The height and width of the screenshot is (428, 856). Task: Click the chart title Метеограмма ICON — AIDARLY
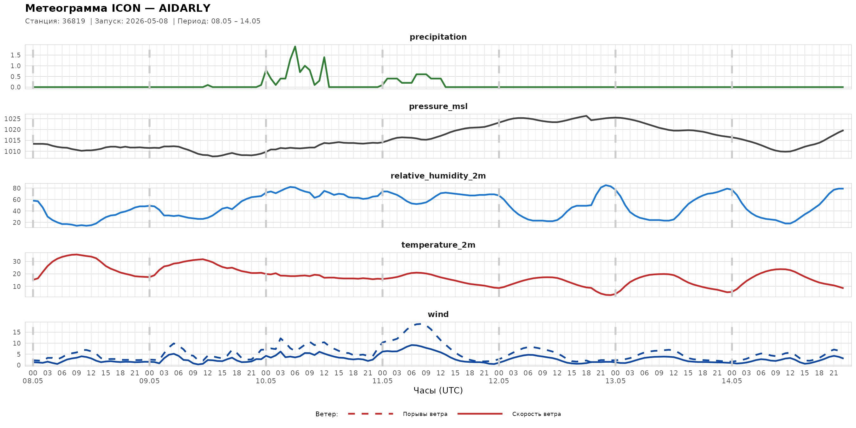click(x=118, y=8)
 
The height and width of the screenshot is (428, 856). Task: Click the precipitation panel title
click(x=438, y=37)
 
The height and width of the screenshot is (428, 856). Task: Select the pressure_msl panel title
click(x=438, y=106)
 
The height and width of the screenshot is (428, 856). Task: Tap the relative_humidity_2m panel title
click(x=438, y=176)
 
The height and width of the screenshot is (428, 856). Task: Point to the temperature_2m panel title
click(x=438, y=245)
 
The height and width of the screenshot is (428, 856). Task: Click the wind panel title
click(x=438, y=315)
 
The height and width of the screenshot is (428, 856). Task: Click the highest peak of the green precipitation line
click(x=295, y=47)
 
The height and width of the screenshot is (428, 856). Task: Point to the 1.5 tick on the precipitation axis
click(x=16, y=55)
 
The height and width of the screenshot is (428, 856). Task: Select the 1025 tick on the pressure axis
click(x=13, y=119)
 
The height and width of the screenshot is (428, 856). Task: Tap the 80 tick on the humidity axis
click(x=16, y=188)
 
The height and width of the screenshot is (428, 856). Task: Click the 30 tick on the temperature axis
click(x=16, y=262)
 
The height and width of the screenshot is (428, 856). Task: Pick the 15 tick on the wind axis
click(x=16, y=332)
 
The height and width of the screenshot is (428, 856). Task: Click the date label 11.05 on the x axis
click(x=382, y=381)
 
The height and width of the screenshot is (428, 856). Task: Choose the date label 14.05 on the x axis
click(x=732, y=381)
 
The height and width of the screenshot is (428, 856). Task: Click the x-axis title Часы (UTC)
click(x=438, y=391)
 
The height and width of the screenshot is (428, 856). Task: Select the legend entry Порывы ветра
click(x=425, y=414)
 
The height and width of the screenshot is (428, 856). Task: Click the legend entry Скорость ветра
click(x=536, y=414)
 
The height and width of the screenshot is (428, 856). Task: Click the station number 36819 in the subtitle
click(x=74, y=21)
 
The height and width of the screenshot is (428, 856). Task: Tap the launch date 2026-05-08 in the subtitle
click(x=147, y=21)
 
